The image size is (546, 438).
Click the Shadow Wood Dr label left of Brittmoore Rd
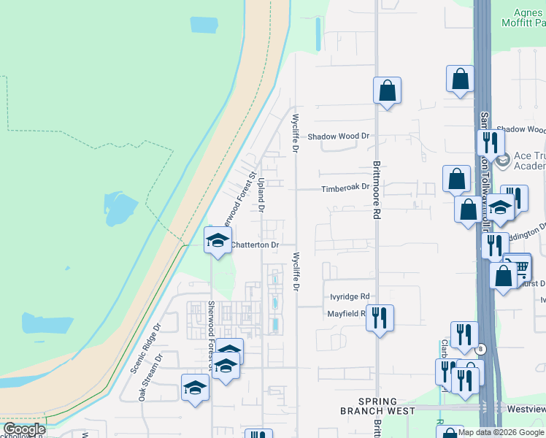pyautogui.click(x=339, y=137)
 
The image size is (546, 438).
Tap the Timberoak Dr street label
pyautogui.click(x=346, y=188)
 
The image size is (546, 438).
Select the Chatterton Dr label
pyautogui.click(x=254, y=246)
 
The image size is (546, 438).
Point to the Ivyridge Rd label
pyautogui.click(x=350, y=297)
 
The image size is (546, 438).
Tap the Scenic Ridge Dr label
pyautogui.click(x=145, y=349)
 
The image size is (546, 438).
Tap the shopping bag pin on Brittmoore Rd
pyautogui.click(x=387, y=91)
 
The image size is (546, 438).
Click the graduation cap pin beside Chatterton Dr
pyautogui.click(x=218, y=239)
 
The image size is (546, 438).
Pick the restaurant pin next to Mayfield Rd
pyautogui.click(x=380, y=318)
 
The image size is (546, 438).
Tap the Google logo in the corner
pyautogui.click(x=24, y=429)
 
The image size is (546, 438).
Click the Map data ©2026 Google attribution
pyautogui.click(x=501, y=432)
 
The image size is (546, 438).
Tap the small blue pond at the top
pyautogui.click(x=204, y=24)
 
